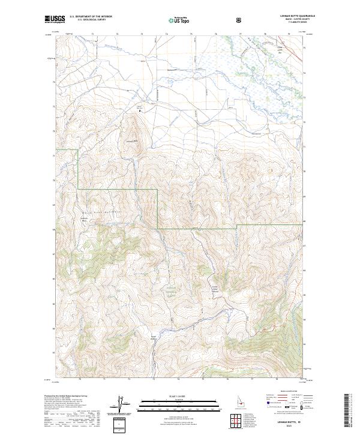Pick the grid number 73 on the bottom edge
(153, 379)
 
